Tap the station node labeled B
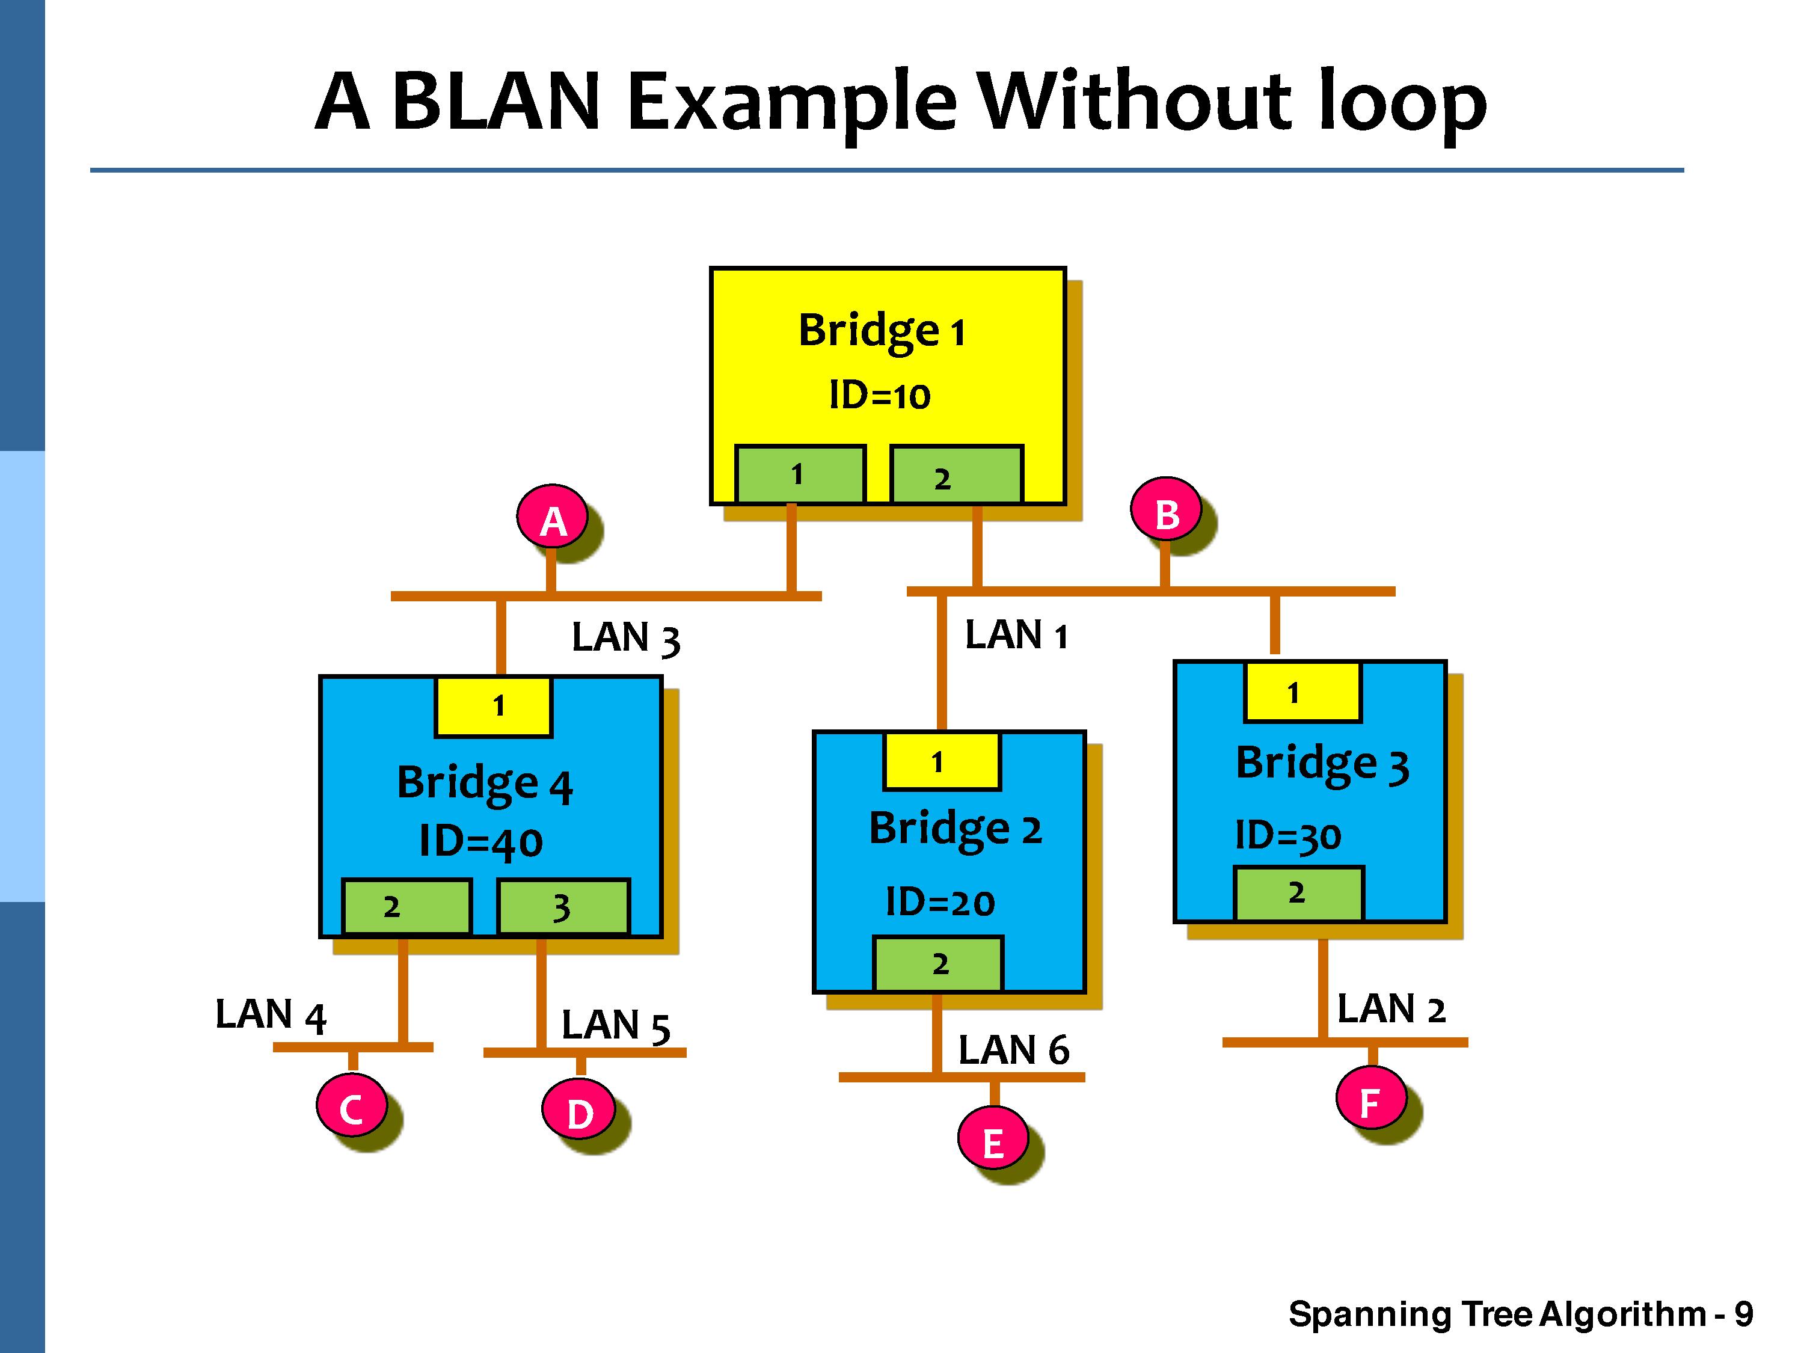[x=1166, y=513]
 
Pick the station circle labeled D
[x=579, y=1112]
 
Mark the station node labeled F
[x=1370, y=1100]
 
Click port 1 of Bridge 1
[x=800, y=474]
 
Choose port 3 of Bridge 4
[x=563, y=907]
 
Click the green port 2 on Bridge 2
[x=938, y=964]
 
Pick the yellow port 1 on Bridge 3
[x=1302, y=692]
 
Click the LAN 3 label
[x=625, y=638]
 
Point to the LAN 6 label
[x=1013, y=1049]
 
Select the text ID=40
[x=481, y=841]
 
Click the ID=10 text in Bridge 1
[x=879, y=396]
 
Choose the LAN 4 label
[x=270, y=1016]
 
